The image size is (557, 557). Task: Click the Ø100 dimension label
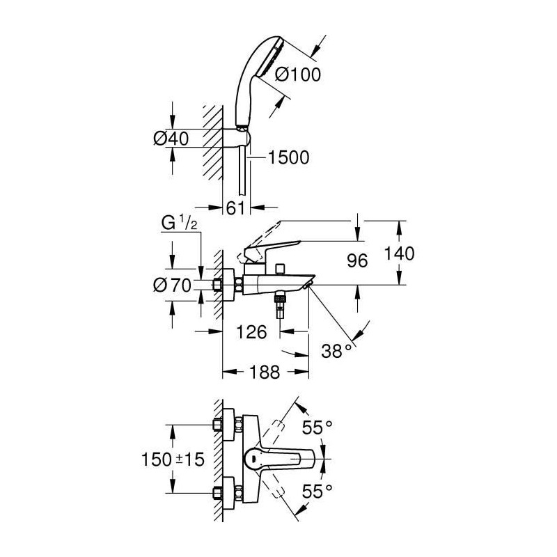click(x=298, y=74)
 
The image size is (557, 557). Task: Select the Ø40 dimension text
click(x=171, y=138)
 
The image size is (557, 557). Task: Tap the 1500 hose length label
click(x=288, y=157)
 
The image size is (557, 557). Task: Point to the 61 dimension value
click(x=236, y=207)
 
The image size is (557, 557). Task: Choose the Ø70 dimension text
click(x=173, y=285)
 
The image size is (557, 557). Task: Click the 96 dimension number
click(x=357, y=260)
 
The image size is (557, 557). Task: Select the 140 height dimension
click(x=399, y=253)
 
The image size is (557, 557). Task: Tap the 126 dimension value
click(x=251, y=332)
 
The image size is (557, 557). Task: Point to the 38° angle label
click(x=336, y=351)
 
